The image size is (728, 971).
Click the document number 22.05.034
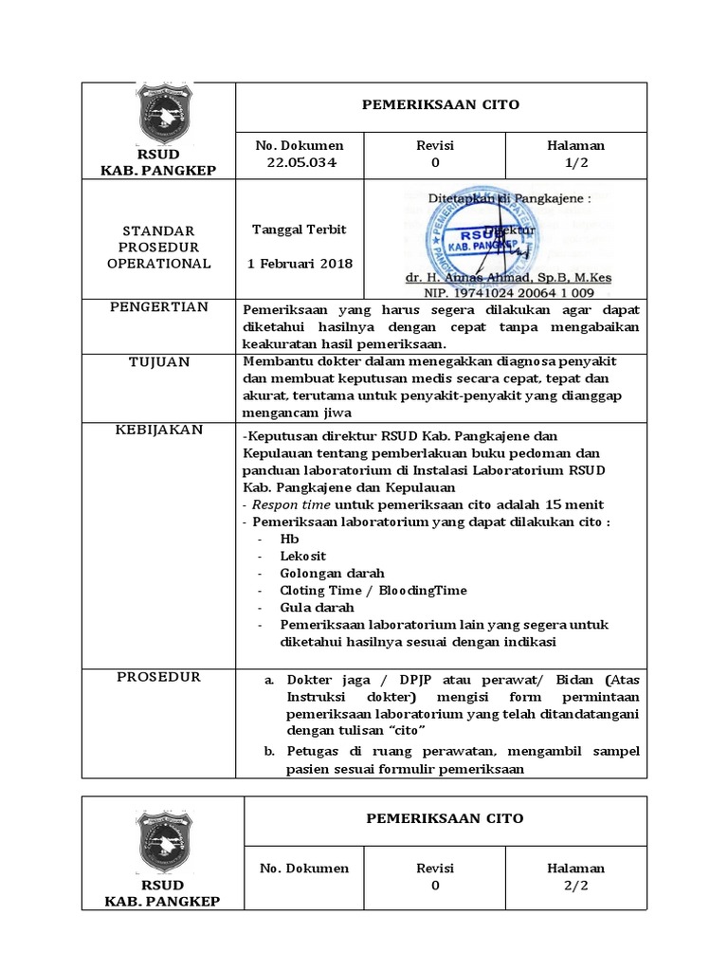[x=299, y=162]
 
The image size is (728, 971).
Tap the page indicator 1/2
[x=575, y=162]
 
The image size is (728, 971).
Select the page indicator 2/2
[x=575, y=886]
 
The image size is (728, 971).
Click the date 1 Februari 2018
[x=299, y=263]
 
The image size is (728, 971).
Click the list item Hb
[x=289, y=539]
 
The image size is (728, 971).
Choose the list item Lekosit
[x=302, y=556]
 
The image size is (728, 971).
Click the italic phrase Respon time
[x=293, y=504]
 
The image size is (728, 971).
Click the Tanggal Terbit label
[x=299, y=229]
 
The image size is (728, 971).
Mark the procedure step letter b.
[x=269, y=752]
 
